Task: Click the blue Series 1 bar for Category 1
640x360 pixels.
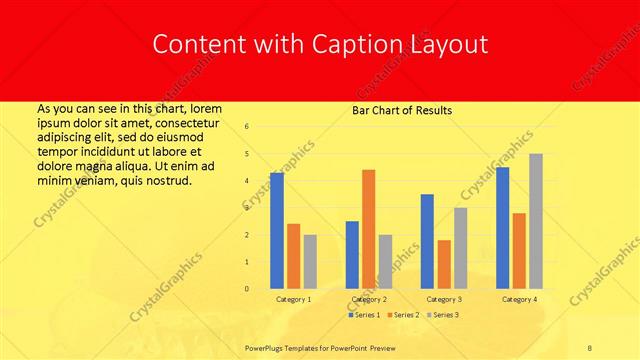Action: click(277, 231)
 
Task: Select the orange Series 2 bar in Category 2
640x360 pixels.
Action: click(368, 229)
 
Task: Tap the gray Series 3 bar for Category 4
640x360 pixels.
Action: click(536, 221)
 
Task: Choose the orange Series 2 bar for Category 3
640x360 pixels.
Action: click(444, 264)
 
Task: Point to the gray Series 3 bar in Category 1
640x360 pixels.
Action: click(310, 262)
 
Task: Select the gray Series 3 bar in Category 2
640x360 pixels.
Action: click(385, 262)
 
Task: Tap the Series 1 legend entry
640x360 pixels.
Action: click(366, 315)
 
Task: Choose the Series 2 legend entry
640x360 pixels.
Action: click(404, 315)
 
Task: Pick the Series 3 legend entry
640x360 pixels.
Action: click(443, 315)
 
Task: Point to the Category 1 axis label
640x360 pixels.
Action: click(293, 299)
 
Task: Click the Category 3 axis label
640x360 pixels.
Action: click(444, 299)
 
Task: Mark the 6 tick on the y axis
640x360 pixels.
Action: click(247, 126)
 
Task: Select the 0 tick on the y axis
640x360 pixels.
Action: click(247, 289)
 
